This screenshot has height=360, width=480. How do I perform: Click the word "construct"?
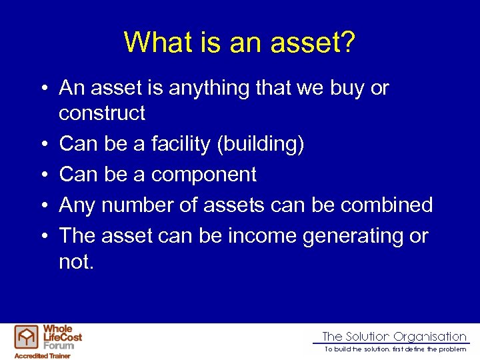point(102,113)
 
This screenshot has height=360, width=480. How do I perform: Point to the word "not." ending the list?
point(77,261)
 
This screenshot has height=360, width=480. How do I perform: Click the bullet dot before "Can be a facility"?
point(42,145)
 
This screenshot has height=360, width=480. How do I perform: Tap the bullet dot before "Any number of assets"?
point(42,206)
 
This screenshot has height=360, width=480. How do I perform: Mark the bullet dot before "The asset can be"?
point(42,237)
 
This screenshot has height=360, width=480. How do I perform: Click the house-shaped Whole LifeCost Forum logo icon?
point(27,338)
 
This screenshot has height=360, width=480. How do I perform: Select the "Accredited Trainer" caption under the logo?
point(42,356)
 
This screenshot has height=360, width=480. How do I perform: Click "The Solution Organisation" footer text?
point(394,337)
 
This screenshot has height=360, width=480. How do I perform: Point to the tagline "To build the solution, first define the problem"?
point(395,349)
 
